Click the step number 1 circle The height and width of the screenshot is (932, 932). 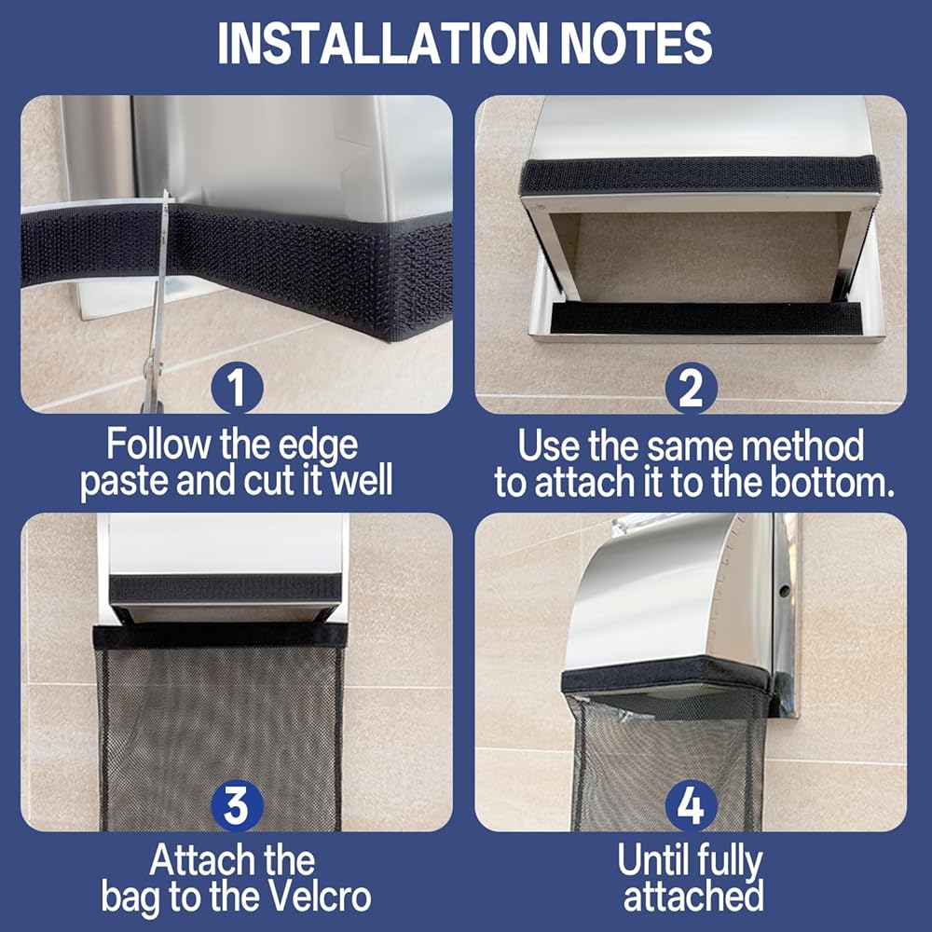[x=237, y=388]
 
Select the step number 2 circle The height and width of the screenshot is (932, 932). [x=691, y=388]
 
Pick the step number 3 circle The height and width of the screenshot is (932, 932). [x=237, y=805]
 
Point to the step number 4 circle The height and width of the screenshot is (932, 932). [x=691, y=805]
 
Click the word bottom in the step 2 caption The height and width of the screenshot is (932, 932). [x=832, y=482]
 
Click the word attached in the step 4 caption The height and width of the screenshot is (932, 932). [x=693, y=897]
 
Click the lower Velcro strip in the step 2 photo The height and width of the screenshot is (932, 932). [x=706, y=318]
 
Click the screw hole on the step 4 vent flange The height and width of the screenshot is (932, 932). [x=785, y=591]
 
